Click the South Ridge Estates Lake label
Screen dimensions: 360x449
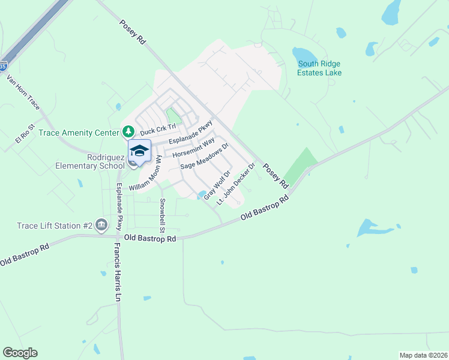(319, 68)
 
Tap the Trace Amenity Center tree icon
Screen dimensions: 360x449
(128, 131)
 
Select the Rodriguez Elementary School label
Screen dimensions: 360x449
(89, 161)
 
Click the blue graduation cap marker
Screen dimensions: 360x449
(139, 152)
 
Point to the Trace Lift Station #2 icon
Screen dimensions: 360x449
(101, 225)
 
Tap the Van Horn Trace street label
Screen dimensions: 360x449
(23, 92)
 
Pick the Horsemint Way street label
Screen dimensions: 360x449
(193, 148)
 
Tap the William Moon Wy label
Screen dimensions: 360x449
(145, 174)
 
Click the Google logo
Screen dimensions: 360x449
(20, 353)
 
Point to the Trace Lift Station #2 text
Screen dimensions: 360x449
(55, 226)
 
